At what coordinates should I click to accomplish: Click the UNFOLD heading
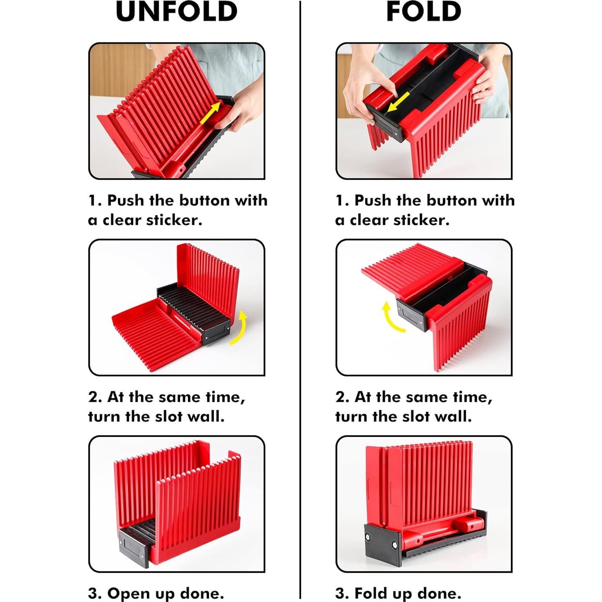177,12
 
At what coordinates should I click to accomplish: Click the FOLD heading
423,12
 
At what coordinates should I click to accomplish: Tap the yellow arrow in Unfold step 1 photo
210,113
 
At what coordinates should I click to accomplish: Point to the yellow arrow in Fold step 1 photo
399,102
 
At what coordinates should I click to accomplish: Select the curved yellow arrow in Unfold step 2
240,328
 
